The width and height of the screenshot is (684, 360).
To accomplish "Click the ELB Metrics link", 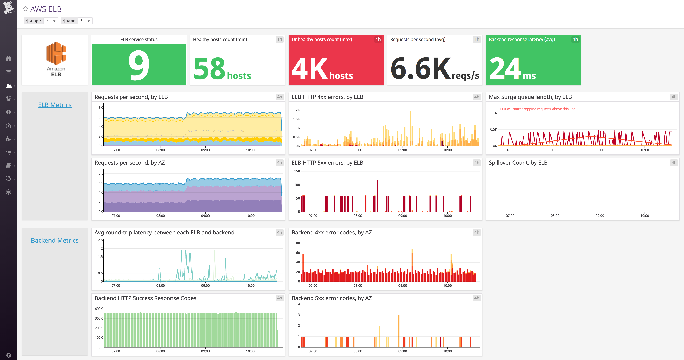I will tap(55, 105).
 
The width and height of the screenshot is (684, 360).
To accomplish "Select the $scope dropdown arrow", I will tap(54, 21).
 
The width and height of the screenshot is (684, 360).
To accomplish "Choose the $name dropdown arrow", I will tap(89, 21).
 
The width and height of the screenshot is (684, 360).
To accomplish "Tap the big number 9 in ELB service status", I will tap(139, 65).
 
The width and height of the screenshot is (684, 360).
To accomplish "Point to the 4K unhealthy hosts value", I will tap(322, 69).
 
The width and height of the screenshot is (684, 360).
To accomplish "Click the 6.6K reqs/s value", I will tap(434, 69).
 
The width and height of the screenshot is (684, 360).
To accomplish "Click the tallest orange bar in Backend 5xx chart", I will tap(398, 331).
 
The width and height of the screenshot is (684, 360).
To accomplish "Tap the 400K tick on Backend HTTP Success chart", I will tap(99, 309).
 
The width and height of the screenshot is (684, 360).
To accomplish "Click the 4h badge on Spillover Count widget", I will tap(674, 163).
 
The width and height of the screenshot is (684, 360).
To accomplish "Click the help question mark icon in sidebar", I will tap(9, 355).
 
